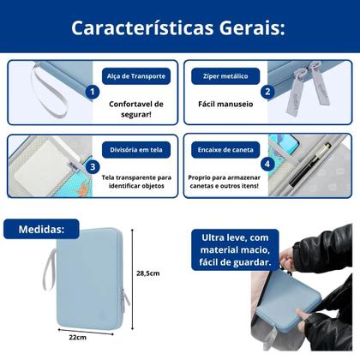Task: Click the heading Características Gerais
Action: pos(180,27)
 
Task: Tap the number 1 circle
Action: pos(92,92)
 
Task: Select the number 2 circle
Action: pos(267,92)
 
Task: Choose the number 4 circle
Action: pos(267,165)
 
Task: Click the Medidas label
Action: pos(42,229)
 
